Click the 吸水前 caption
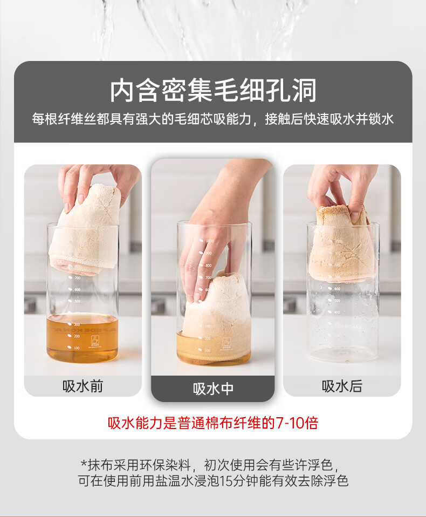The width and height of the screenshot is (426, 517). point(83,386)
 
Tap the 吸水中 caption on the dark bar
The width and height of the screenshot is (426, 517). point(213,389)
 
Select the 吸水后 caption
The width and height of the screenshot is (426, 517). point(342,386)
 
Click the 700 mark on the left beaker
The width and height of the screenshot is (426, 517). point(78,278)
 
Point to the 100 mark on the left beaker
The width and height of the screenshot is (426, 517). point(77,348)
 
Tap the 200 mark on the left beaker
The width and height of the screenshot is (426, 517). point(77,336)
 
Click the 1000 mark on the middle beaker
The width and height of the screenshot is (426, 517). point(210,241)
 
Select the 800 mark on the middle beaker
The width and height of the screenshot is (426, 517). point(209,266)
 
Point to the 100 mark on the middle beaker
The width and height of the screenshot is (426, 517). point(207,350)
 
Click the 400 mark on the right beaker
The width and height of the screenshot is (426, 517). point(336,312)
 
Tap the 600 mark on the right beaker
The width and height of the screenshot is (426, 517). point(338,289)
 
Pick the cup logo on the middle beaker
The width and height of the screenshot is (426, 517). point(226,342)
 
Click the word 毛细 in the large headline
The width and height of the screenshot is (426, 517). point(239,90)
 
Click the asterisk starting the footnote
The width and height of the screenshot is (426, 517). point(84,464)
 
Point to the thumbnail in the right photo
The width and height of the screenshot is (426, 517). point(355,216)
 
